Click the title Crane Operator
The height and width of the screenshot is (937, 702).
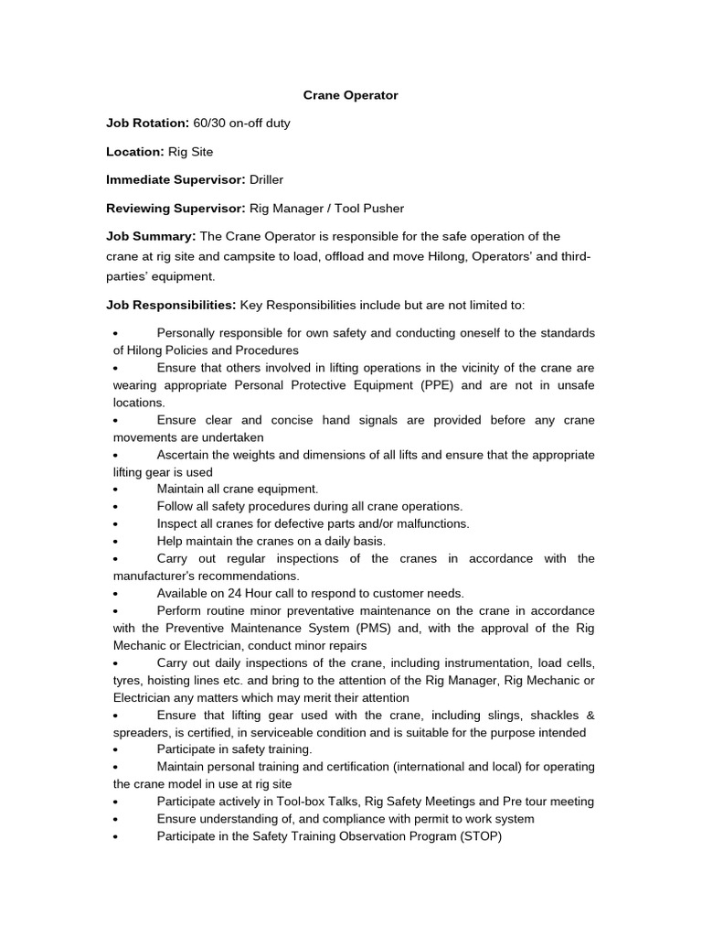coord(351,94)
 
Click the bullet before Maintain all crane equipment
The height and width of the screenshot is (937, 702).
coord(116,490)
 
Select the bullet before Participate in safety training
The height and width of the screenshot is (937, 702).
coord(116,749)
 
